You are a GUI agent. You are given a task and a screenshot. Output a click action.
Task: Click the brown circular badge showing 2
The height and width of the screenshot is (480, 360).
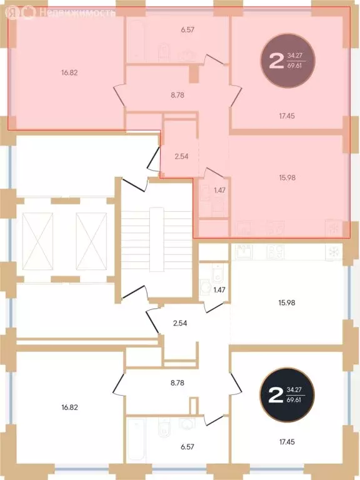(288, 61)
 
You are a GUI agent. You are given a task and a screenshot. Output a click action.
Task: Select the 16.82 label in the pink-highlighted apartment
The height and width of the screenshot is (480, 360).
(69, 72)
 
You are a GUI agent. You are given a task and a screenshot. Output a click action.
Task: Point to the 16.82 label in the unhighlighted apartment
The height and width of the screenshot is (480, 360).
(69, 406)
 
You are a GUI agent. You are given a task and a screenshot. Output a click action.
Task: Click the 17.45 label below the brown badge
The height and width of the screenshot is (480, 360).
(287, 115)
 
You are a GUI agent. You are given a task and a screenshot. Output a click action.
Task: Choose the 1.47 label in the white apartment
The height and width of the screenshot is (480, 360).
(219, 290)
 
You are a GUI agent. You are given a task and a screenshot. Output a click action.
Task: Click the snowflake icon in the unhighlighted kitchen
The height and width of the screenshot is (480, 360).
(334, 252)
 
